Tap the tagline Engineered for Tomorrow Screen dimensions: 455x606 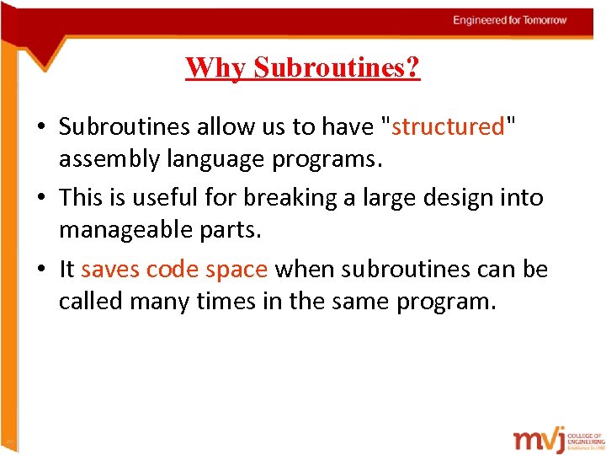510,20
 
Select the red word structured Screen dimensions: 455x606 447,126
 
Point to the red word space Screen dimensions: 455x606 237,270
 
